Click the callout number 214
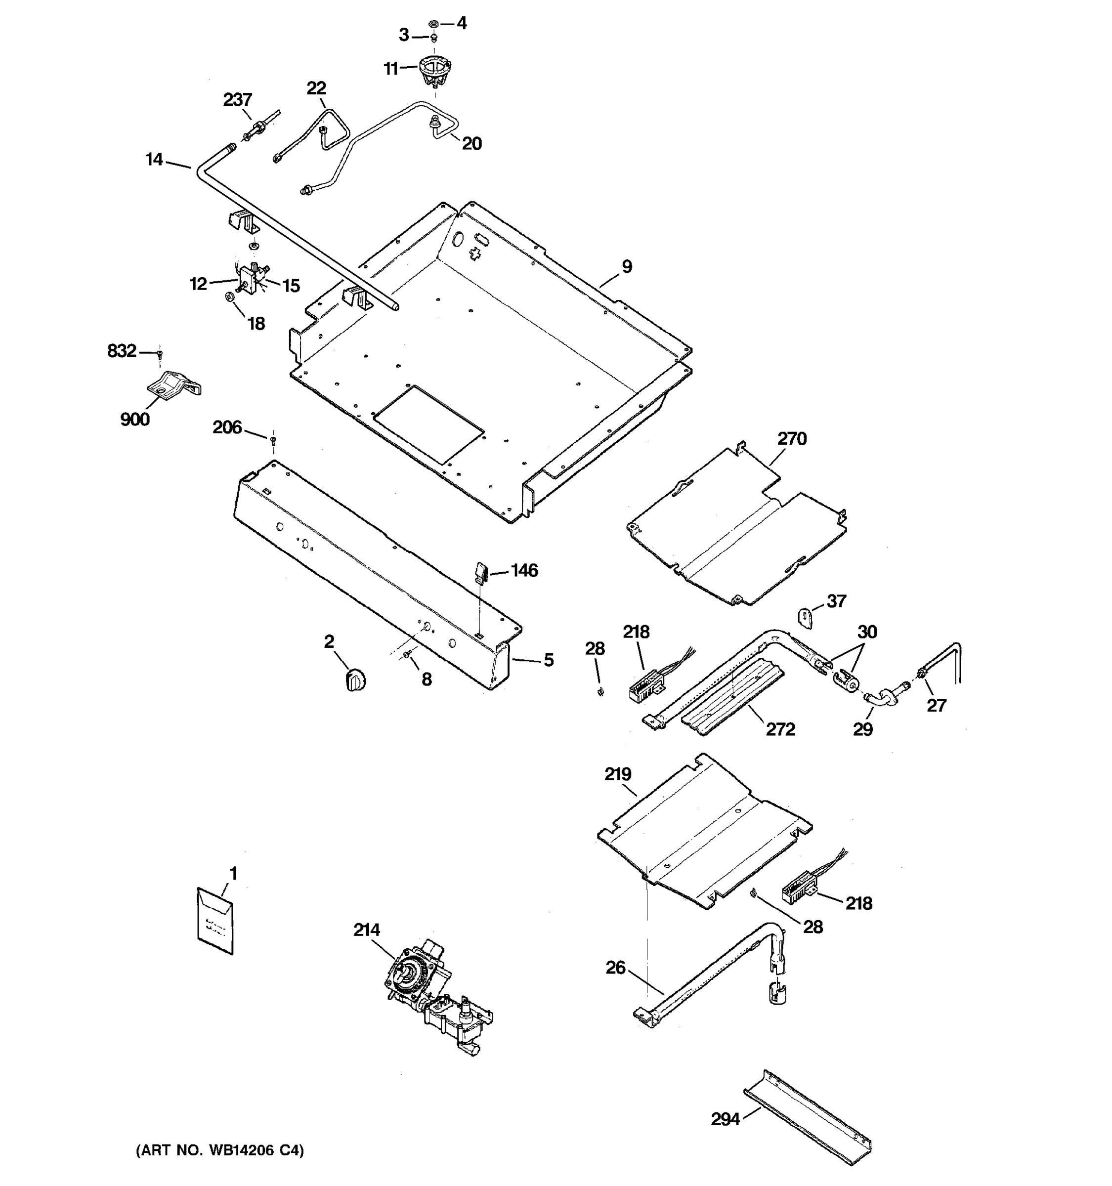click(x=366, y=930)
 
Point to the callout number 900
click(x=135, y=420)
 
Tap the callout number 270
click(x=792, y=439)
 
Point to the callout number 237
click(x=237, y=100)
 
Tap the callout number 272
click(x=780, y=729)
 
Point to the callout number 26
click(x=616, y=967)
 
